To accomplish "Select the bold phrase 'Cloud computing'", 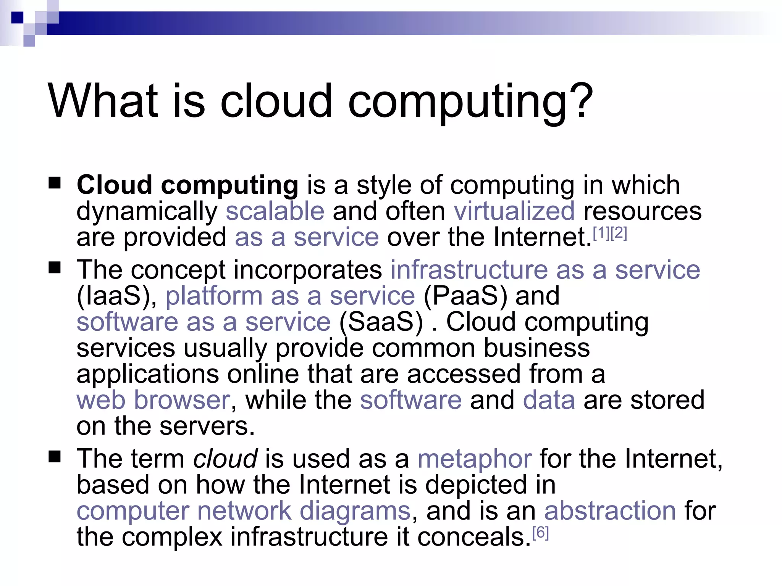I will click(187, 185).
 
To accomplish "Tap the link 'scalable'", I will click(275, 211).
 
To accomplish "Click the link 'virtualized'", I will click(514, 211).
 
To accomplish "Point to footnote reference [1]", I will click(601, 233).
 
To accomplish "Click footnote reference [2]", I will click(619, 233).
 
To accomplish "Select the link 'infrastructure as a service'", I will click(545, 270).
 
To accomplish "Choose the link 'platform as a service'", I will click(290, 296).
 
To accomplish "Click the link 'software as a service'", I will click(203, 322).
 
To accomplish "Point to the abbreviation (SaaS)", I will click(381, 322).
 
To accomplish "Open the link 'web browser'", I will click(153, 400).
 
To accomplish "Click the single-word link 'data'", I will click(549, 400).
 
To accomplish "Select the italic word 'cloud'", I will click(225, 459).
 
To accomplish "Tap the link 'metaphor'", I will click(474, 459).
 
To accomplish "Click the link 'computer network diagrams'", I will click(243, 511).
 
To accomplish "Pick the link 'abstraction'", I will click(610, 511).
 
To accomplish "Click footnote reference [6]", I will click(540, 533).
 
